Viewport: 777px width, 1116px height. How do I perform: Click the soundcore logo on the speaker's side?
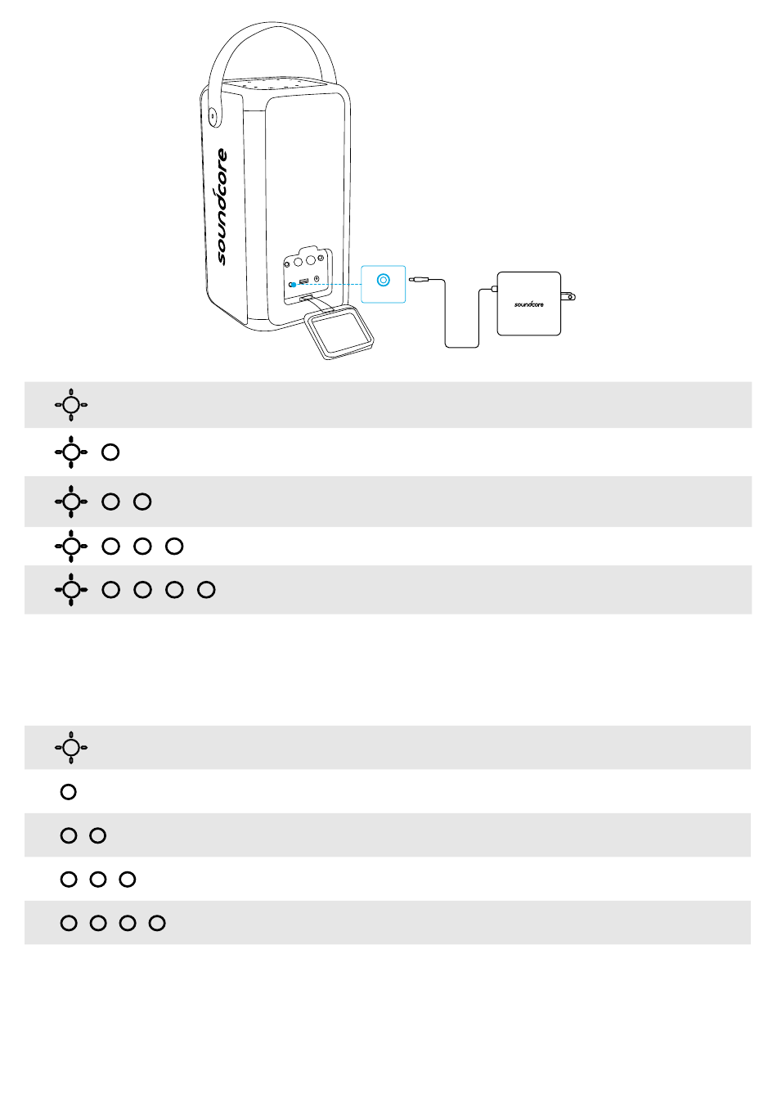point(222,206)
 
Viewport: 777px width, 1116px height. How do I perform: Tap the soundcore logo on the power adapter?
point(529,304)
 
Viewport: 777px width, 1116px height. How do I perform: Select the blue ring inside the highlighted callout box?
point(384,280)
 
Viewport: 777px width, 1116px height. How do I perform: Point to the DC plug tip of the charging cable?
point(415,280)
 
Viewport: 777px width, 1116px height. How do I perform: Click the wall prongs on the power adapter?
point(568,295)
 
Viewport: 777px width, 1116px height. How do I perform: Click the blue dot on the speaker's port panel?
point(292,285)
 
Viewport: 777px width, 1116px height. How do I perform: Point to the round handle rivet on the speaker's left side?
point(213,116)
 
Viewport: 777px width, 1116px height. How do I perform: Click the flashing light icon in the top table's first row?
point(71,404)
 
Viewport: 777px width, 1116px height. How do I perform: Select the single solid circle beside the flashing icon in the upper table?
point(110,452)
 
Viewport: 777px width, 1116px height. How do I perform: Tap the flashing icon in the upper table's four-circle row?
point(71,589)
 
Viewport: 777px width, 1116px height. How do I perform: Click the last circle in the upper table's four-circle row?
point(206,589)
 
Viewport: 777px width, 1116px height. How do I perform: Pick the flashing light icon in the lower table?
point(71,747)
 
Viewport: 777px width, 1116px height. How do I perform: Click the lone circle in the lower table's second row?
point(69,791)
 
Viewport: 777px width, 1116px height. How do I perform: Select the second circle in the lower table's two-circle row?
point(98,835)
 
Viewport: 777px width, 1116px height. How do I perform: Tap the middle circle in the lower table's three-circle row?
point(98,880)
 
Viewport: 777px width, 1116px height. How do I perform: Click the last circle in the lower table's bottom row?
point(157,923)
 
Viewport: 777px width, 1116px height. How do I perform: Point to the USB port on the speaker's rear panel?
point(303,282)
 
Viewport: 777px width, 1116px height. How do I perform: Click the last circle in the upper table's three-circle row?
point(174,546)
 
